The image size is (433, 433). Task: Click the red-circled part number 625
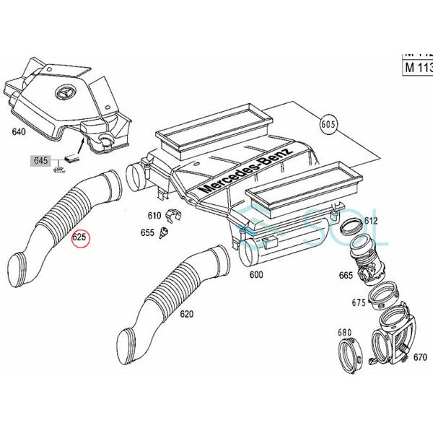coord(79,236)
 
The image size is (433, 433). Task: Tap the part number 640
coord(17,132)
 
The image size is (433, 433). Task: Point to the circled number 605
coord(328,123)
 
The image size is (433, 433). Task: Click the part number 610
coord(154,215)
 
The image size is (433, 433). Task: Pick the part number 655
coord(147,233)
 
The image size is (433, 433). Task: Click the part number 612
coord(372,220)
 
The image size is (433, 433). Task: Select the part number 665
coord(346,275)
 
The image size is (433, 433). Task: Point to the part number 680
coord(344,333)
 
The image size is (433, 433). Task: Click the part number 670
coord(420,357)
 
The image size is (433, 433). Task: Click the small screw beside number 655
coord(165,232)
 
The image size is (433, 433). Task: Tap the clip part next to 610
coord(172,215)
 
